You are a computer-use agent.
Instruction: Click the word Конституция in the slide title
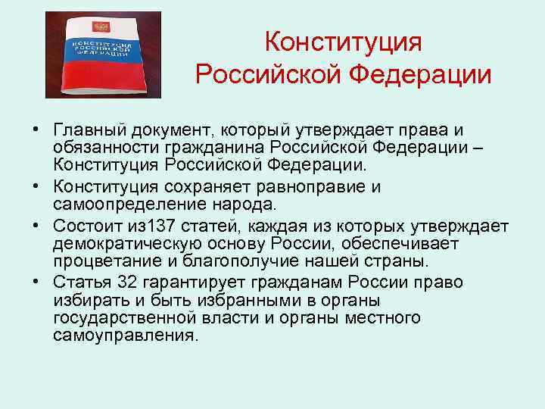(x=343, y=42)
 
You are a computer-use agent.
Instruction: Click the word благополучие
(x=222, y=261)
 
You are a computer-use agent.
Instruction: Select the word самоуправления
(x=125, y=336)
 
